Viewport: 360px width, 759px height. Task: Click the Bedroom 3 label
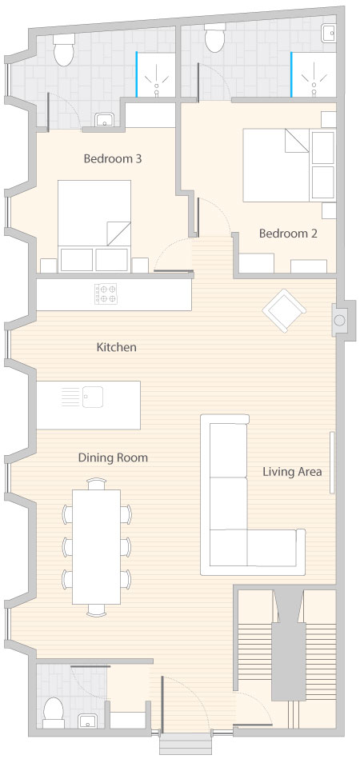(x=113, y=159)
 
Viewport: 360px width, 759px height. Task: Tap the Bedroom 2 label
(x=288, y=234)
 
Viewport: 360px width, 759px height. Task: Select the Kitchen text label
(x=117, y=347)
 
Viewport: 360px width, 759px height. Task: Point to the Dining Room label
(x=114, y=457)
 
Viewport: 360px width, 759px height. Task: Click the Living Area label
(x=292, y=471)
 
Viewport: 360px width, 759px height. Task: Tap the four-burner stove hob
(x=106, y=294)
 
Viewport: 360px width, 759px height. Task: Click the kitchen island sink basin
(x=93, y=397)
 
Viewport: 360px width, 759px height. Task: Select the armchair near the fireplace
(x=284, y=311)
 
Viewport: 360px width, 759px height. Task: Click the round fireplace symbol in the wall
(x=340, y=320)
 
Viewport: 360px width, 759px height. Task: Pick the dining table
(x=96, y=547)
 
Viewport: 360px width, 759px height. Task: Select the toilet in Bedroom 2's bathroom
(x=214, y=38)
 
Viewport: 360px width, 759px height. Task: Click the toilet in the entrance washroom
(x=54, y=713)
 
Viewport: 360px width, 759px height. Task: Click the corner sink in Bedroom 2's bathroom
(x=330, y=32)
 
